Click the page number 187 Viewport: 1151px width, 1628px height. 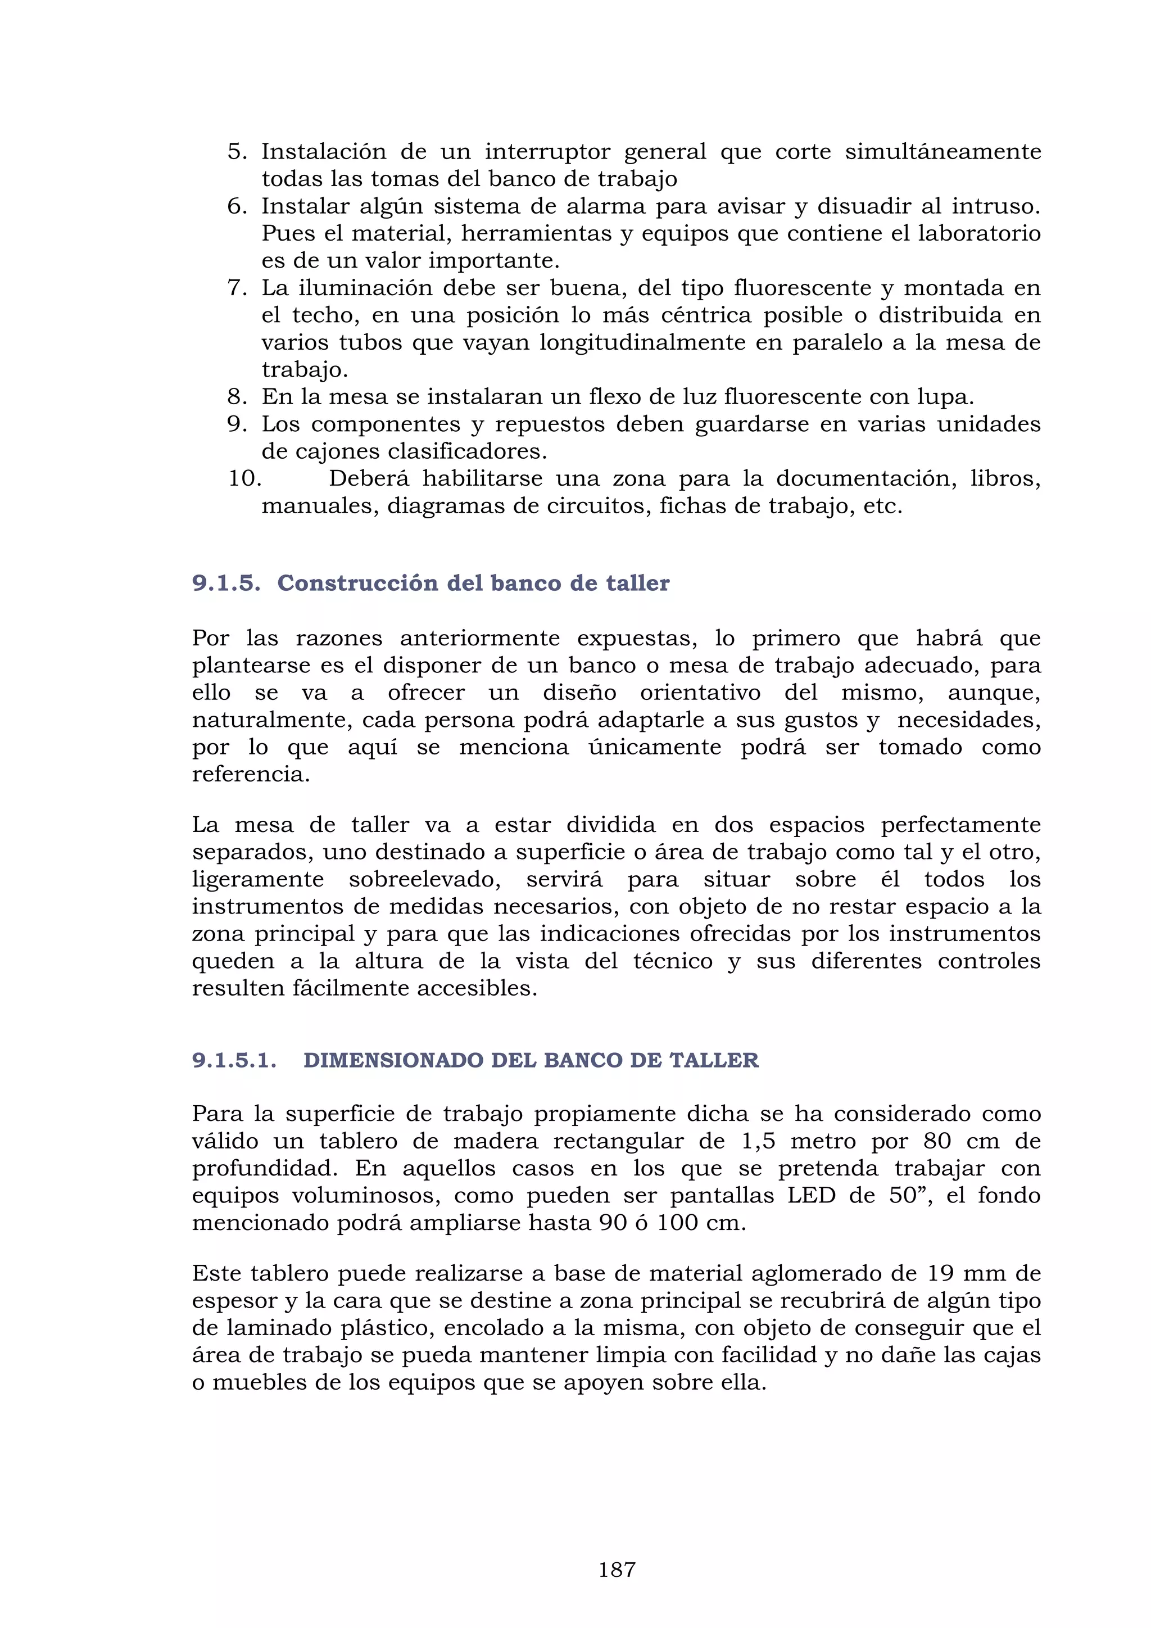click(x=617, y=1570)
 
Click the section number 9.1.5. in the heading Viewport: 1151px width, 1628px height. click(x=226, y=583)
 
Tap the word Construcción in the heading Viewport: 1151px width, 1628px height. click(x=357, y=583)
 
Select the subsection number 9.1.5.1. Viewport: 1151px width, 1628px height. click(x=234, y=1060)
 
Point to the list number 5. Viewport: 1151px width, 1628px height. click(x=237, y=152)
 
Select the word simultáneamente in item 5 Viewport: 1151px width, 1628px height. click(x=942, y=152)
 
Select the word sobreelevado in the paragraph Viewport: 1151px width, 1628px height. click(x=424, y=879)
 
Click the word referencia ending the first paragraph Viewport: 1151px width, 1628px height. click(x=250, y=774)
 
